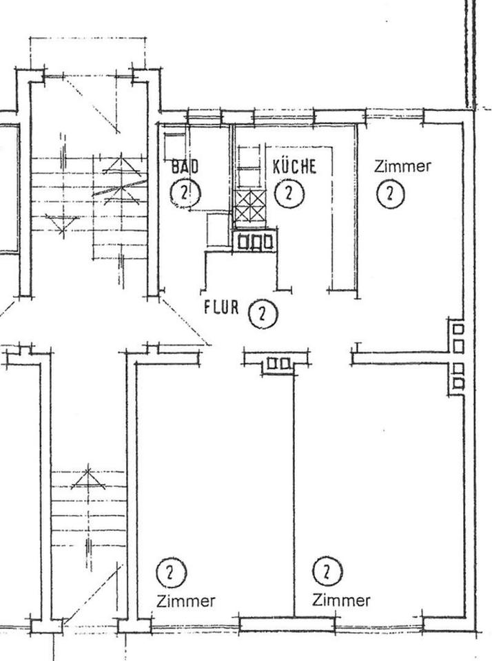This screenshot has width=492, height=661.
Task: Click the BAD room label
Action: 185,166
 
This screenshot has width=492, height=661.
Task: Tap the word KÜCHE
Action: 294,166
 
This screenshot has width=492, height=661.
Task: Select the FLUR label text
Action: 221,307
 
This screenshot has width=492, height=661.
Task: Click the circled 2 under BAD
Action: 185,193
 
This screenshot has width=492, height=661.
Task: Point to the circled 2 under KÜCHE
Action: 289,193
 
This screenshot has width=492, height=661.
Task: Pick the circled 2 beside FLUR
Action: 263,314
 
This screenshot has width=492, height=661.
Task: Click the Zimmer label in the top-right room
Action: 402,166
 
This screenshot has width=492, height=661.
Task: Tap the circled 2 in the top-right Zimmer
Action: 390,194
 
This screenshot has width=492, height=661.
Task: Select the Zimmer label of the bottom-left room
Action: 185,600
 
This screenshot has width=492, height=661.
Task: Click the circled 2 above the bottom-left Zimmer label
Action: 171,573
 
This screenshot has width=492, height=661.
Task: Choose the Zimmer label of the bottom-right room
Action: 341,600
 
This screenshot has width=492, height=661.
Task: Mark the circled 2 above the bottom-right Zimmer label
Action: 327,571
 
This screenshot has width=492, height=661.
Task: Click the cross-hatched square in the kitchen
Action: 250,205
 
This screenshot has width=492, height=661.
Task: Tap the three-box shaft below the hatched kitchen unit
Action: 255,241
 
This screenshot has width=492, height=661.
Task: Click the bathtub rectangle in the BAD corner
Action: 174,145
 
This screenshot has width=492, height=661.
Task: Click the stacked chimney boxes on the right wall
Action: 457,357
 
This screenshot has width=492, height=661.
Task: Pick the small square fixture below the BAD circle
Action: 218,230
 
